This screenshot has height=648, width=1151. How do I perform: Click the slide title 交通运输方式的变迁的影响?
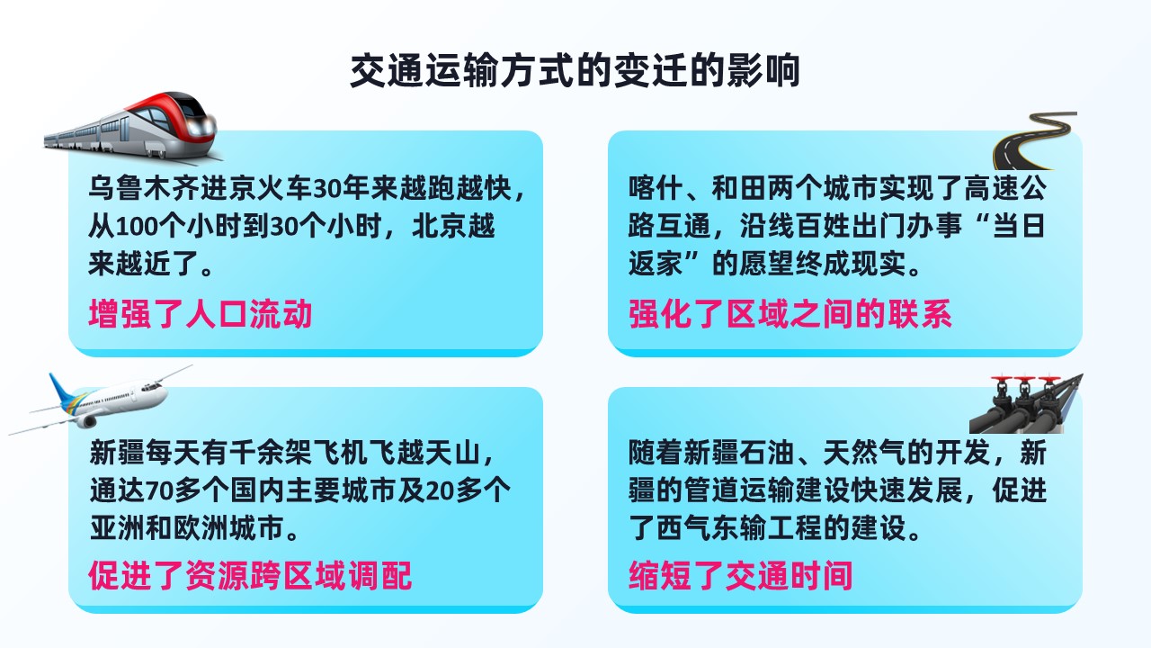coord(575,70)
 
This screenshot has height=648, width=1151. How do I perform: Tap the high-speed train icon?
coord(132,126)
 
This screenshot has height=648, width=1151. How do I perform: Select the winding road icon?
coord(1034,140)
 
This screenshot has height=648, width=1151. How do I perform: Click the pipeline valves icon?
coord(1026,403)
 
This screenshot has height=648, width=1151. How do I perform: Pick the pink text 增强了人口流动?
coord(201,313)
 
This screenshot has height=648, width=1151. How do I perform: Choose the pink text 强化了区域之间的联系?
coord(790,313)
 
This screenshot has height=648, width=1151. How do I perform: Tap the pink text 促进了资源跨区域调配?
coord(250,574)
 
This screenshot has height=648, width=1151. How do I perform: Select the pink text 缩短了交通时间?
coord(740,574)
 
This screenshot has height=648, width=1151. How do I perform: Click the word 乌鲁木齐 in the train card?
coord(145,188)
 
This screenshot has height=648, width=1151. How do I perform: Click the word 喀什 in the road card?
coord(656,188)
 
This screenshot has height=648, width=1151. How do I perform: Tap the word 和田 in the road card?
coord(739,188)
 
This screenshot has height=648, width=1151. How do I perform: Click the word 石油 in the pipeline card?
coord(767,453)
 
